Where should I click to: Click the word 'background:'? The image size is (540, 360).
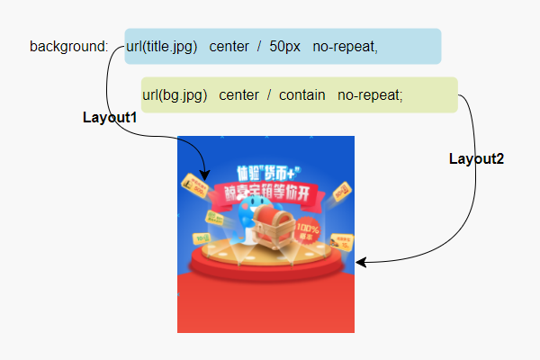click(x=68, y=47)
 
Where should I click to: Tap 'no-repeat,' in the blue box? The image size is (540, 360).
click(x=346, y=47)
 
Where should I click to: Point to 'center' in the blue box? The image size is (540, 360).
click(x=229, y=47)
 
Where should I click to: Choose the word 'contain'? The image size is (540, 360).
click(x=301, y=95)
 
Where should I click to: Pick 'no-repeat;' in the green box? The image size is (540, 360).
click(x=370, y=95)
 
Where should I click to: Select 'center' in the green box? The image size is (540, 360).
click(x=238, y=95)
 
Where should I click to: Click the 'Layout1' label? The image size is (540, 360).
click(x=110, y=118)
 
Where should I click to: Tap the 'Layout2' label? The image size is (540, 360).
click(x=476, y=159)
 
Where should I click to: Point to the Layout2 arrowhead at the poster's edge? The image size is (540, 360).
click(x=361, y=263)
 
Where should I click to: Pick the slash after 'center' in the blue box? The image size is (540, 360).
click(x=258, y=47)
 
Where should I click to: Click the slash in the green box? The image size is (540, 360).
click(x=269, y=95)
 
